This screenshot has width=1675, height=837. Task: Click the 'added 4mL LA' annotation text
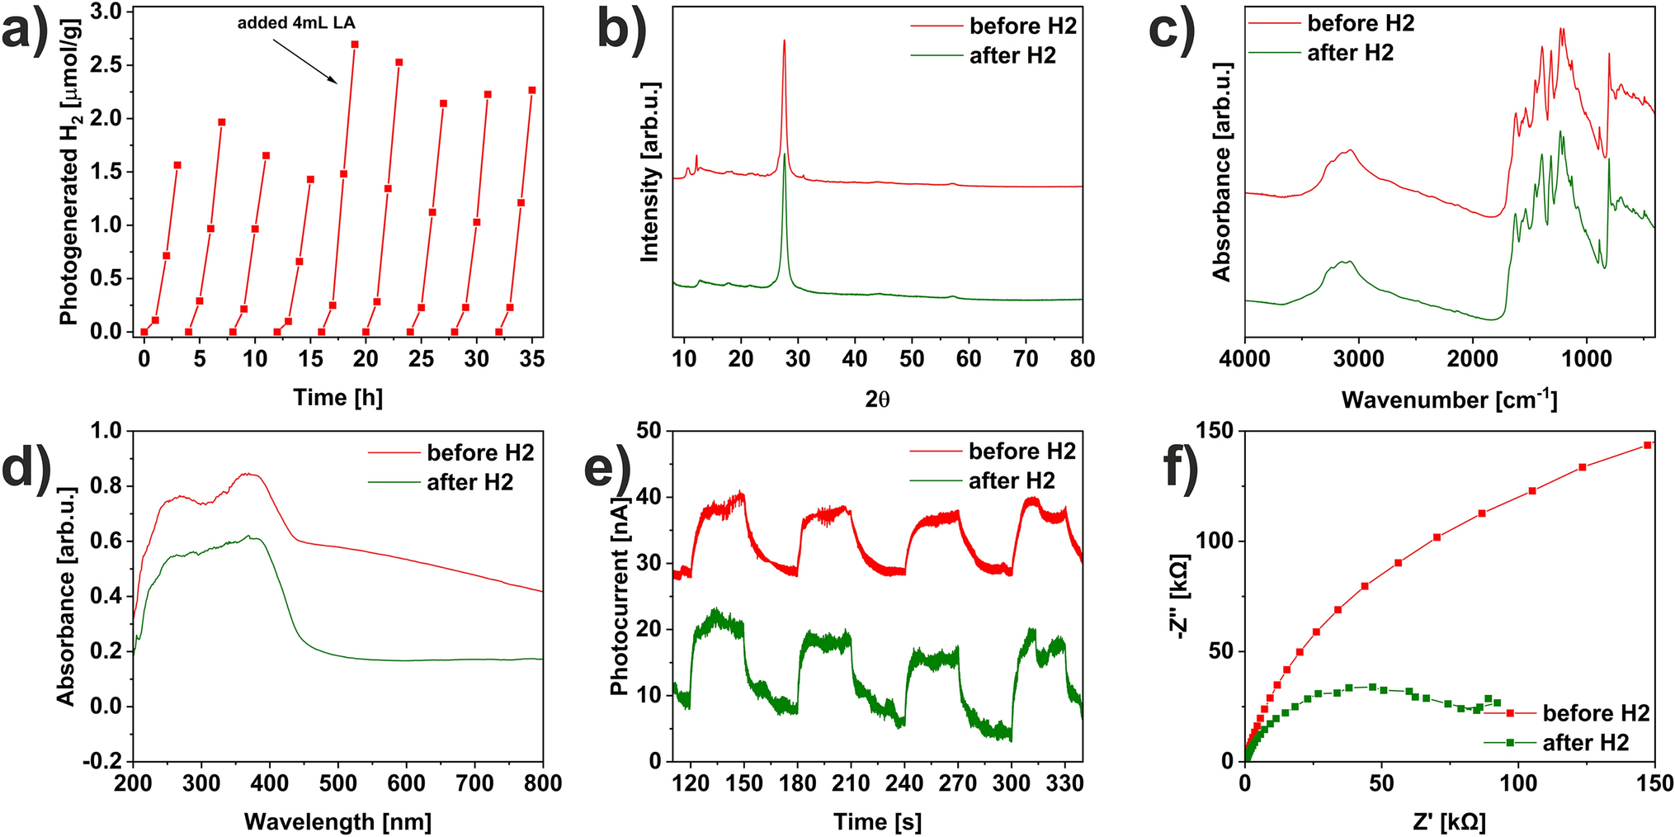(x=296, y=23)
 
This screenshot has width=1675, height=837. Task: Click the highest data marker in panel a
(x=355, y=45)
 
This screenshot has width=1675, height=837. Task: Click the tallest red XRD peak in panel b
(x=784, y=41)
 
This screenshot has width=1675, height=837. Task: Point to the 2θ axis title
(x=877, y=400)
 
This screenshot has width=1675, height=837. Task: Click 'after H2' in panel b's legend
(x=1012, y=56)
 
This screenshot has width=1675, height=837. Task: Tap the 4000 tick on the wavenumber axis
(x=1244, y=359)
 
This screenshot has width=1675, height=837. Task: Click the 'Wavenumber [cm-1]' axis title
(x=1449, y=400)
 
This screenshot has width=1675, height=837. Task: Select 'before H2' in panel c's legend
(x=1361, y=23)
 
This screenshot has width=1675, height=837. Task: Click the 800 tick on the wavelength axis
(x=543, y=783)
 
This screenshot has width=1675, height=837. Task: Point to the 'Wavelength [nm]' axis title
(x=337, y=822)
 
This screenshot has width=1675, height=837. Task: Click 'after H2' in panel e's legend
(x=1012, y=481)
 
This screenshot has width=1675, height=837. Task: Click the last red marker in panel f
(x=1647, y=445)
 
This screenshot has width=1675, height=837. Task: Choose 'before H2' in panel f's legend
(x=1596, y=713)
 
